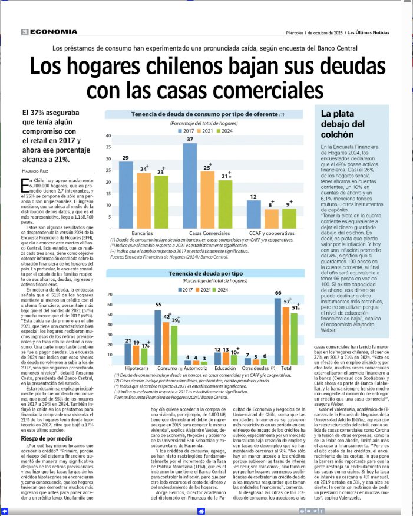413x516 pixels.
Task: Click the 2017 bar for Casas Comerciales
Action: tap(190, 186)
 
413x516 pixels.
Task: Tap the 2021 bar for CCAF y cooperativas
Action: tap(255, 219)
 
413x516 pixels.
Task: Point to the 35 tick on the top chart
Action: tap(108, 148)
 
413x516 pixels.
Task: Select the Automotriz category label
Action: tap(196, 369)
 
